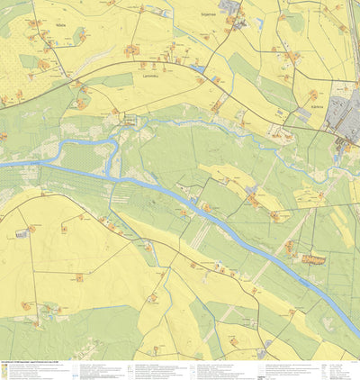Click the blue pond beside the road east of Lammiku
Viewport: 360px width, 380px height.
198,68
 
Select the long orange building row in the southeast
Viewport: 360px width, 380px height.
313,260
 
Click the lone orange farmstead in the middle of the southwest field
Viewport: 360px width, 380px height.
79,278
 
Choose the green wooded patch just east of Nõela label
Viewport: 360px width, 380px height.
79,36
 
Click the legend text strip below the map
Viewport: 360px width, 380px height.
180,370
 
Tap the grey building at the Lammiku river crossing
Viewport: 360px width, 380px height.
130,119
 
